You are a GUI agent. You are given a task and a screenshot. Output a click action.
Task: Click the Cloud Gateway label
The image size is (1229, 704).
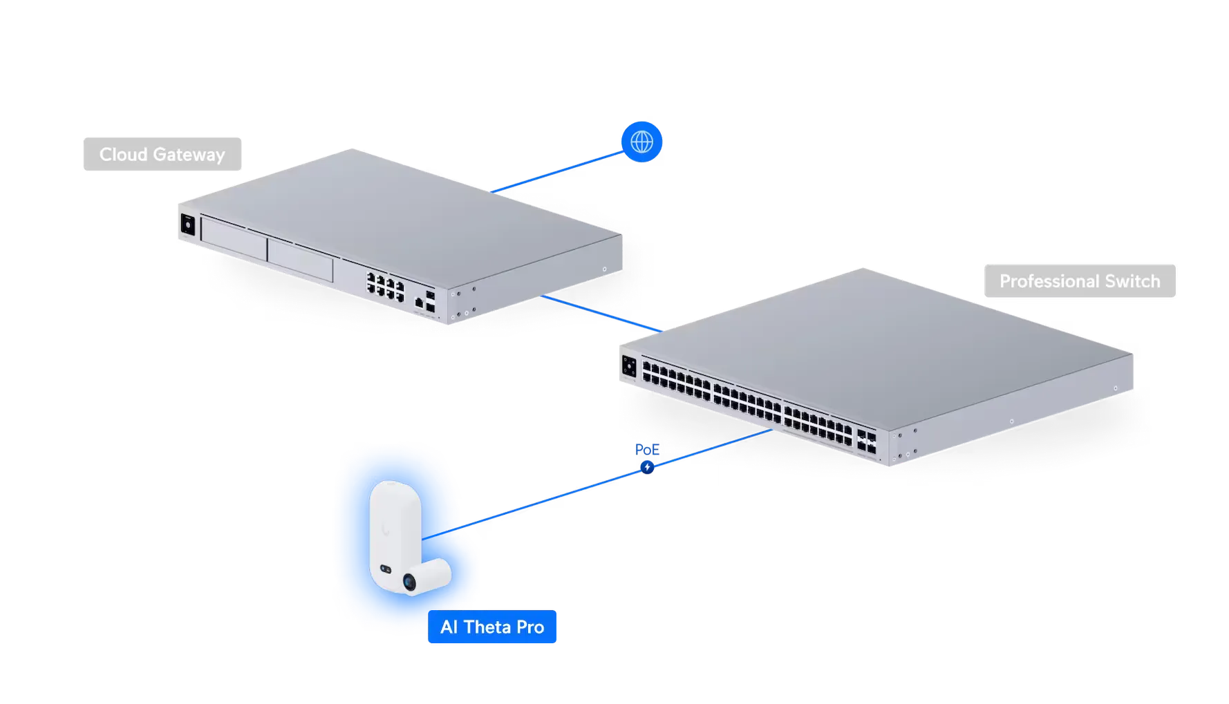(x=162, y=154)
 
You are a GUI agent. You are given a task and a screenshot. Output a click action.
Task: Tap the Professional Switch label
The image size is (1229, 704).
(x=1079, y=281)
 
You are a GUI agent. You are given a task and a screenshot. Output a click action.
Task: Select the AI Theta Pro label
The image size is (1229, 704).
(x=491, y=627)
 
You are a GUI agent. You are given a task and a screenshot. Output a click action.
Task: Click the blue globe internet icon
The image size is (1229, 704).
(x=642, y=141)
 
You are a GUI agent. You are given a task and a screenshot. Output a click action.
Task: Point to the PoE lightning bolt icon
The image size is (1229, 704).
(x=647, y=468)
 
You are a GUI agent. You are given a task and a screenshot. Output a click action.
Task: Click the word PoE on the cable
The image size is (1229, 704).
(x=646, y=450)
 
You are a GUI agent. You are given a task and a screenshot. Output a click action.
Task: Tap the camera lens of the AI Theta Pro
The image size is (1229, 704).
(x=411, y=583)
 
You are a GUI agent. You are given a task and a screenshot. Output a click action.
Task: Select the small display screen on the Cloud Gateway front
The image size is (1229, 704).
(x=187, y=225)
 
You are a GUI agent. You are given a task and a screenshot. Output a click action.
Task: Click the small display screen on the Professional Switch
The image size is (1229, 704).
(x=629, y=366)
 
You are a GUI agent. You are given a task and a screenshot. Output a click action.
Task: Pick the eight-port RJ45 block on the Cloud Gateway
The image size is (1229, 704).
(x=385, y=286)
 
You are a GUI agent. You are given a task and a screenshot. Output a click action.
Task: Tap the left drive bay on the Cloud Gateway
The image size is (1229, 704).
(x=233, y=239)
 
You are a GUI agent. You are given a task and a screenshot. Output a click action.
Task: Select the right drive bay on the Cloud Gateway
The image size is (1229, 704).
(x=300, y=258)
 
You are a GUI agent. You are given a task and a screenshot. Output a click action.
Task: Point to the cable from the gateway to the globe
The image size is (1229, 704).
(x=553, y=173)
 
